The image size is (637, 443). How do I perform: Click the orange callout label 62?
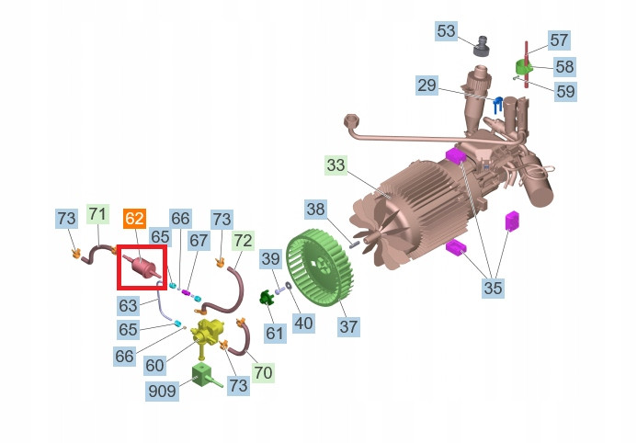pos(134,219)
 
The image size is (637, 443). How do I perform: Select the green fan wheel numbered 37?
pos(320,267)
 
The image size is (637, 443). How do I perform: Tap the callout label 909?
pos(162,391)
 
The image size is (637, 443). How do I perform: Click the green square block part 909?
pos(202,375)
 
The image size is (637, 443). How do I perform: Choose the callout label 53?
pos(446,31)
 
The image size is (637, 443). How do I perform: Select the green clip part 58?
pos(523,66)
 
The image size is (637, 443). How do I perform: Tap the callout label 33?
pos(336,165)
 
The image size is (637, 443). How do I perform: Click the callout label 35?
pos(493,288)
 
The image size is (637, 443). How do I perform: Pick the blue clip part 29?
pos(497,106)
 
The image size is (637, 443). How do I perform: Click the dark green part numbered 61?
pos(267,299)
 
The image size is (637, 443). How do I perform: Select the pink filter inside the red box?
pos(142,267)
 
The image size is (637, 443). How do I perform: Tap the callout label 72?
pos(243,241)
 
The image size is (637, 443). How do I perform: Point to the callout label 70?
pos(263,372)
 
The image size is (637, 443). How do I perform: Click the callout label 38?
pos(315,210)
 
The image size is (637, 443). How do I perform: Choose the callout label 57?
pos(559,40)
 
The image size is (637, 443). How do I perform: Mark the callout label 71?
pos(98,214)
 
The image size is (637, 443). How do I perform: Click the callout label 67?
pos(199,241)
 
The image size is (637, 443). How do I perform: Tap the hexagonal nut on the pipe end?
pos(350,120)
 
